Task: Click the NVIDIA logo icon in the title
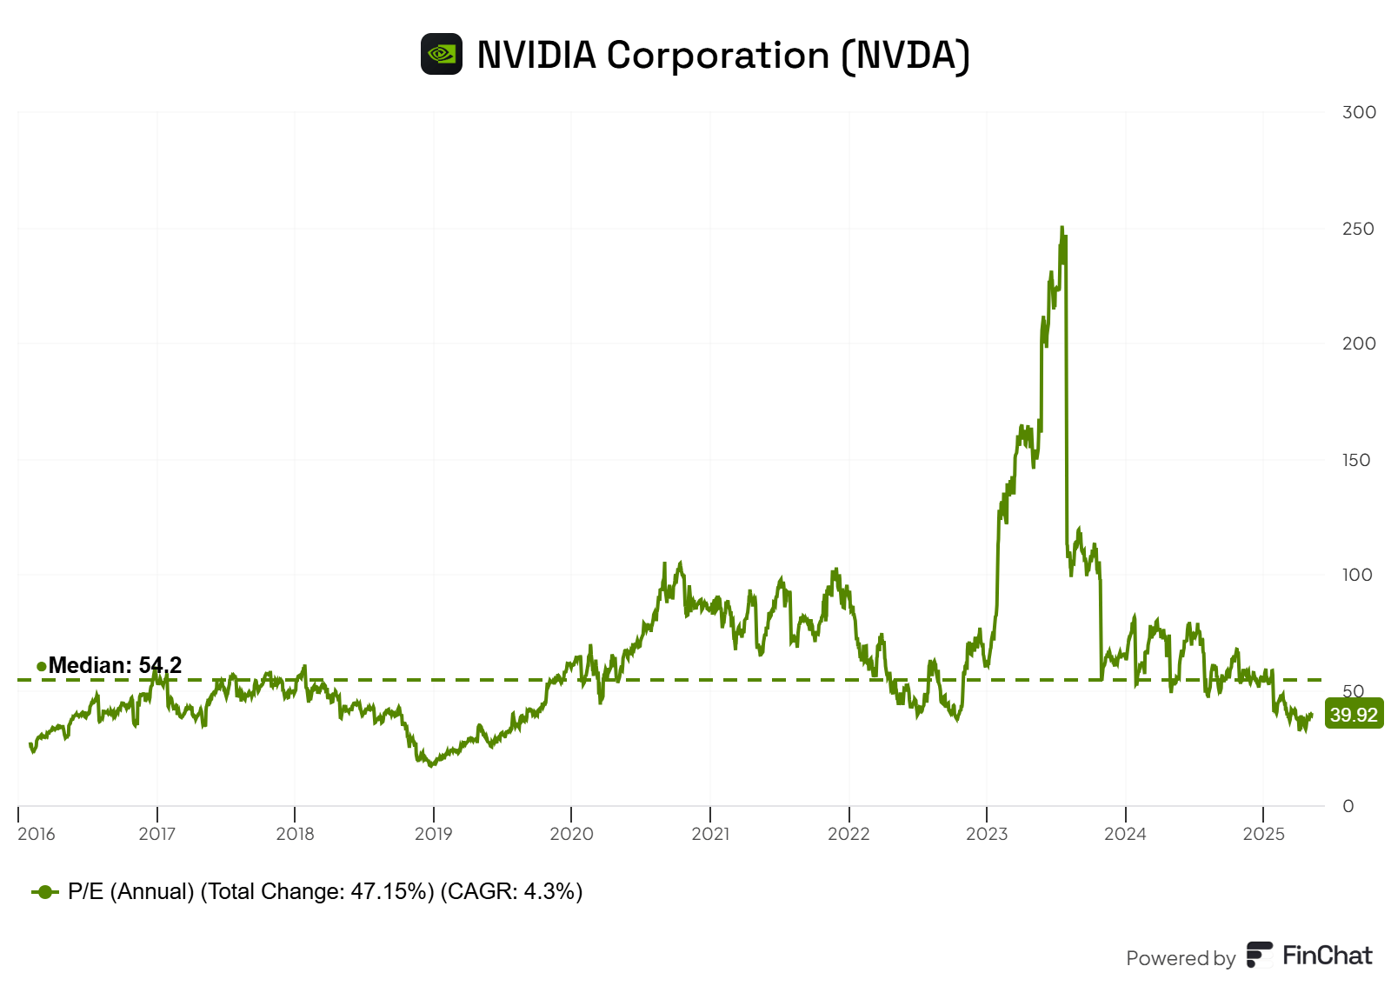click(x=442, y=54)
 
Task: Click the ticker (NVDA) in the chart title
click(x=905, y=55)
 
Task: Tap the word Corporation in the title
click(x=718, y=55)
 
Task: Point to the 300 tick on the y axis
click(x=1359, y=112)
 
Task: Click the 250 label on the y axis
click(x=1358, y=229)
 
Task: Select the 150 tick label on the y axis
click(x=1356, y=460)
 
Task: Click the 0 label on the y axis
click(x=1348, y=806)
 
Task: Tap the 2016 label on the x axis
click(x=36, y=834)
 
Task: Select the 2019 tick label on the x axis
click(x=433, y=834)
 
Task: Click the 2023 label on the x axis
click(x=987, y=834)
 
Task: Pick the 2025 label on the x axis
click(x=1263, y=834)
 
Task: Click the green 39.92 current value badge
click(x=1354, y=715)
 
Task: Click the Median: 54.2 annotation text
click(x=115, y=665)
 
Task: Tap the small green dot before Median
click(x=41, y=666)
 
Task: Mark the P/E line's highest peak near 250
click(x=1062, y=229)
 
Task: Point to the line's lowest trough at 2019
click(x=430, y=764)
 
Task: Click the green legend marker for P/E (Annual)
click(x=45, y=892)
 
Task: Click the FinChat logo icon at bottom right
click(x=1259, y=955)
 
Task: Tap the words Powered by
click(x=1180, y=958)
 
